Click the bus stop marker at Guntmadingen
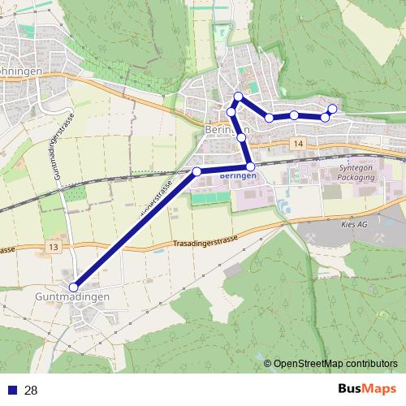pos(74,287)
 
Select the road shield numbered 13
pos(54,246)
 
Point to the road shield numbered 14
pos(299,144)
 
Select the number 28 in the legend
pos(31,391)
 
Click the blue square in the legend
pos(11,391)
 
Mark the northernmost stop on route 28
pos(238,97)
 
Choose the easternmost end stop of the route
pos(332,109)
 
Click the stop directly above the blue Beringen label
pos(250,166)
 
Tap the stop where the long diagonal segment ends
pos(197,171)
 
